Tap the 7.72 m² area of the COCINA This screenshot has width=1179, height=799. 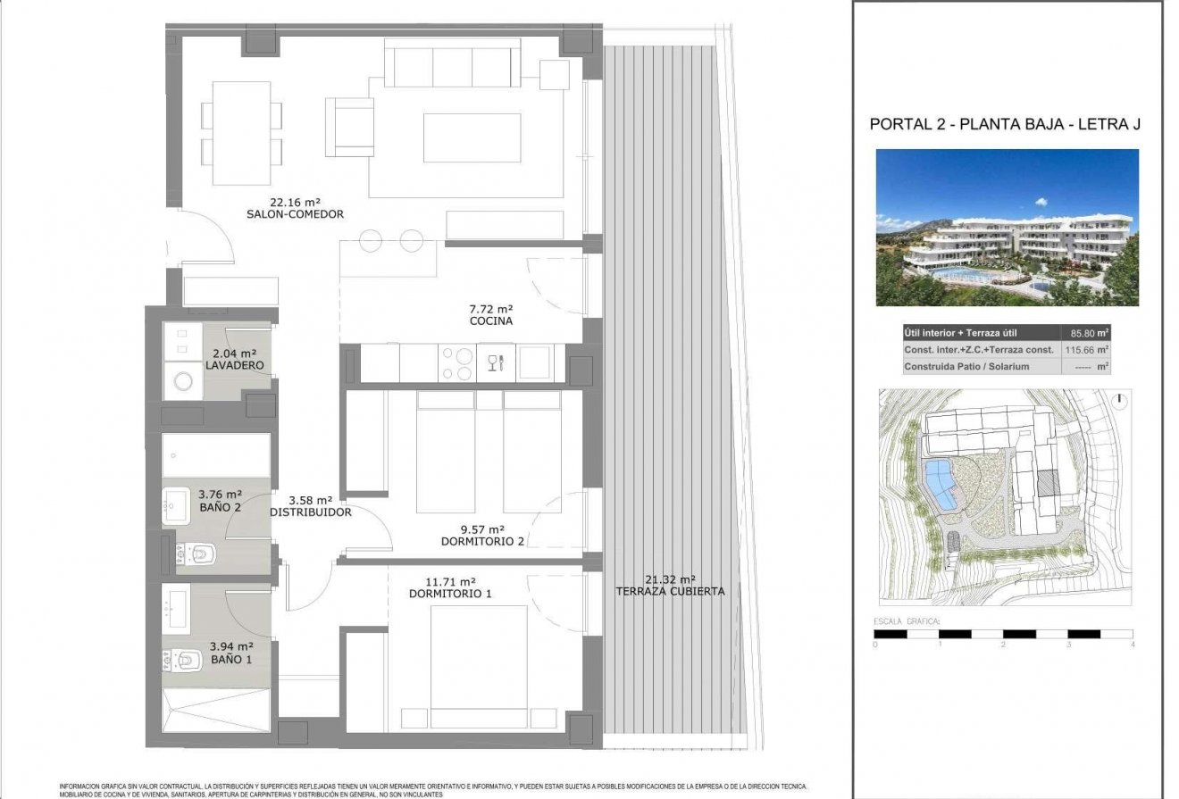[x=490, y=308]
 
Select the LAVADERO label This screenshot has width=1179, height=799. [x=234, y=366]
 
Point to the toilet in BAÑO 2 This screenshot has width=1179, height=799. [x=197, y=556]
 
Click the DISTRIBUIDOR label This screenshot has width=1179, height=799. [x=310, y=512]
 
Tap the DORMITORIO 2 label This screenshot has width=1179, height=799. [x=482, y=541]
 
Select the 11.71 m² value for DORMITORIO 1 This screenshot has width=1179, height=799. [x=450, y=580]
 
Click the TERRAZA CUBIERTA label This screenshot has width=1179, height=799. [x=670, y=591]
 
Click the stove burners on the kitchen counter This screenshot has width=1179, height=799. [x=457, y=363]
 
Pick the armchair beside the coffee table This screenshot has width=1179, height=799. [x=349, y=127]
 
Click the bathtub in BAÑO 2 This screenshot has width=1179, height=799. [x=215, y=455]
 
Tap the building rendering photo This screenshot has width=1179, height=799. [x=1007, y=227]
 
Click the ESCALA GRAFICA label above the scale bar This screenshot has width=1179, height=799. [x=907, y=620]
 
